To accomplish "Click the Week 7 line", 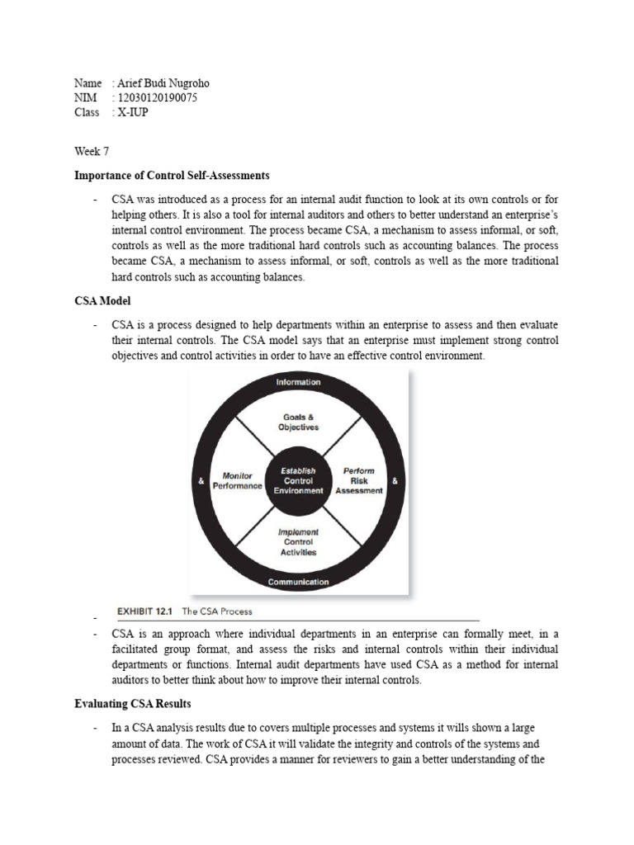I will coord(91,151).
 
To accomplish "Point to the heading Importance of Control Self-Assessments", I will coord(172,176).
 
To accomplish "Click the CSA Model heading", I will coord(102,301).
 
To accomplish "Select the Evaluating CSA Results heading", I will coord(132,703).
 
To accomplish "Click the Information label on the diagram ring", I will coord(298,383).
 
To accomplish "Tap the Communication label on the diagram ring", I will coord(298,582).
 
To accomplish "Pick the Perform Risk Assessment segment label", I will coord(358,480).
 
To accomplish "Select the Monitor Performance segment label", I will coord(237,481).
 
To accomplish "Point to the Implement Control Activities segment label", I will coord(298,542).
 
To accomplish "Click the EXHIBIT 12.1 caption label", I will coord(145,611).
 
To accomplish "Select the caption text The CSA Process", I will coord(217,611).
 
